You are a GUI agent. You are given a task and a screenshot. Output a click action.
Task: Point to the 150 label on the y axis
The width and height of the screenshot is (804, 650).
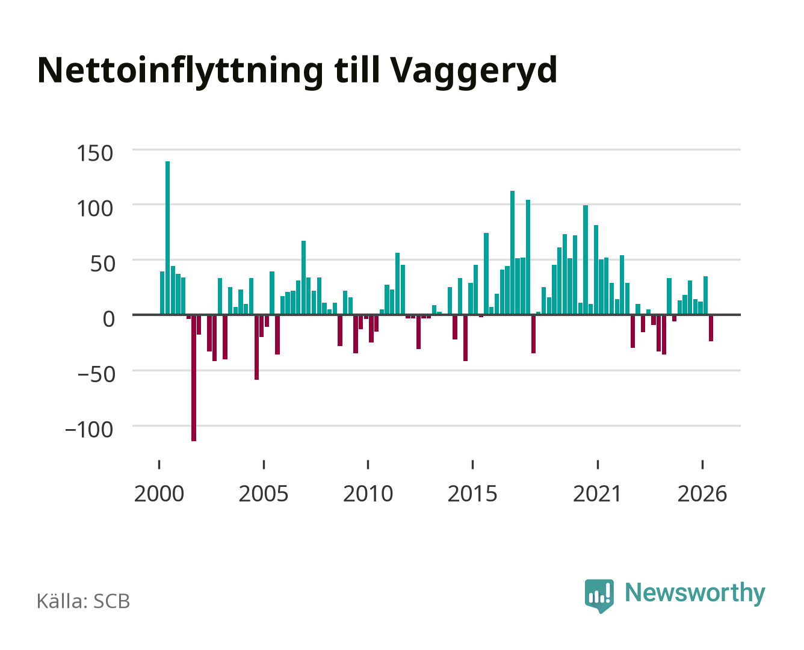(94, 153)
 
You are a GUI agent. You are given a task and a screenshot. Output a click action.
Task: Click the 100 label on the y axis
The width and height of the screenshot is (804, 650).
(94, 209)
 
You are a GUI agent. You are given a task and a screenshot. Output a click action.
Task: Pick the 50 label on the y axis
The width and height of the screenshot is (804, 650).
(102, 264)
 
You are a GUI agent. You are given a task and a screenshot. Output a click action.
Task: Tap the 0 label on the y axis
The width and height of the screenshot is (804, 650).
(108, 319)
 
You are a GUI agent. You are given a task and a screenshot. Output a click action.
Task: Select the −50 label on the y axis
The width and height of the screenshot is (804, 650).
(96, 374)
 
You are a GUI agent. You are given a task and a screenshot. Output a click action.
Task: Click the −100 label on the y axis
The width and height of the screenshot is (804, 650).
(89, 430)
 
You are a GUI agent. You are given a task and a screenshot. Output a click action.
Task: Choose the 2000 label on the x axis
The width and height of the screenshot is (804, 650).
(159, 494)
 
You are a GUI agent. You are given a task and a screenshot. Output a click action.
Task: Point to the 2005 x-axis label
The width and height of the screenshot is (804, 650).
(264, 494)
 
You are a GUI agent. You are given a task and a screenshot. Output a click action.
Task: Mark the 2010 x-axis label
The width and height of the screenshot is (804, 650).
(368, 494)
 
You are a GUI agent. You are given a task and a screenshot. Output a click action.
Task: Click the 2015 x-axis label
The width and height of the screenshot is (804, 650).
(472, 494)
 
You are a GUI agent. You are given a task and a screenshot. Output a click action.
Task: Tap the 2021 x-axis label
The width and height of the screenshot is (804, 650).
(597, 494)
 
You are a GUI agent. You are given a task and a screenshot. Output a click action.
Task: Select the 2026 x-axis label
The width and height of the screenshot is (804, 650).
(702, 494)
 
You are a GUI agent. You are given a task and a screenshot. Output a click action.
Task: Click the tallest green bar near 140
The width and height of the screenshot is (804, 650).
(167, 238)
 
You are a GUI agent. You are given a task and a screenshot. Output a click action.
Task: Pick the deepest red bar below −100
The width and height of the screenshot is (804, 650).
(194, 377)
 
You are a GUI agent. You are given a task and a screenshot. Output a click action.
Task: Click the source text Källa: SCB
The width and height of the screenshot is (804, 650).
(84, 601)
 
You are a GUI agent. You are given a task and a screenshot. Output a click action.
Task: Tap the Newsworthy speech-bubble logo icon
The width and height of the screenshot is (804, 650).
(599, 596)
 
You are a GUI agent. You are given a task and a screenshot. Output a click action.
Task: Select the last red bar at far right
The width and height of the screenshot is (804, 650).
(711, 327)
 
